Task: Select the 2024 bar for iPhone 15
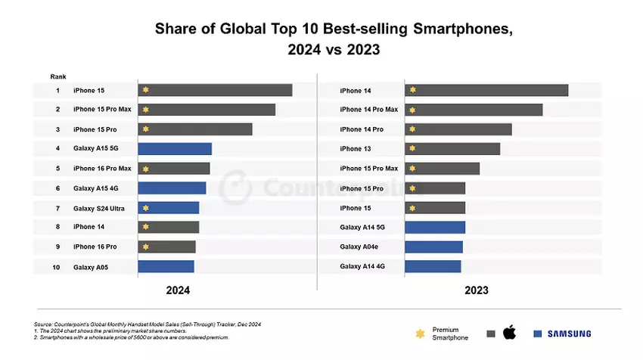pyautogui.click(x=215, y=90)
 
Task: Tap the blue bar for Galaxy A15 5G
pyautogui.click(x=175, y=148)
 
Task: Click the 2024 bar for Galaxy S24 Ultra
pyautogui.click(x=169, y=207)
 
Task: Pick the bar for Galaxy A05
pyautogui.click(x=166, y=266)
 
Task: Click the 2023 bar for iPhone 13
pyautogui.click(x=452, y=148)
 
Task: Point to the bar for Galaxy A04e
pyautogui.click(x=433, y=247)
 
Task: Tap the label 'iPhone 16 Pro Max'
pyautogui.click(x=102, y=168)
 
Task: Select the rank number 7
pyautogui.click(x=57, y=208)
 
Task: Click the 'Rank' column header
pyautogui.click(x=58, y=76)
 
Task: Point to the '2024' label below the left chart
pyautogui.click(x=178, y=290)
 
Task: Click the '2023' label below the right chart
pyautogui.click(x=477, y=290)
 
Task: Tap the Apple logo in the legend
pyautogui.click(x=509, y=333)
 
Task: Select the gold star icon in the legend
pyautogui.click(x=420, y=333)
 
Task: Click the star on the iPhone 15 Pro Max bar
pyautogui.click(x=146, y=110)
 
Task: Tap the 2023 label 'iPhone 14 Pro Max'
pyautogui.click(x=369, y=110)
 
